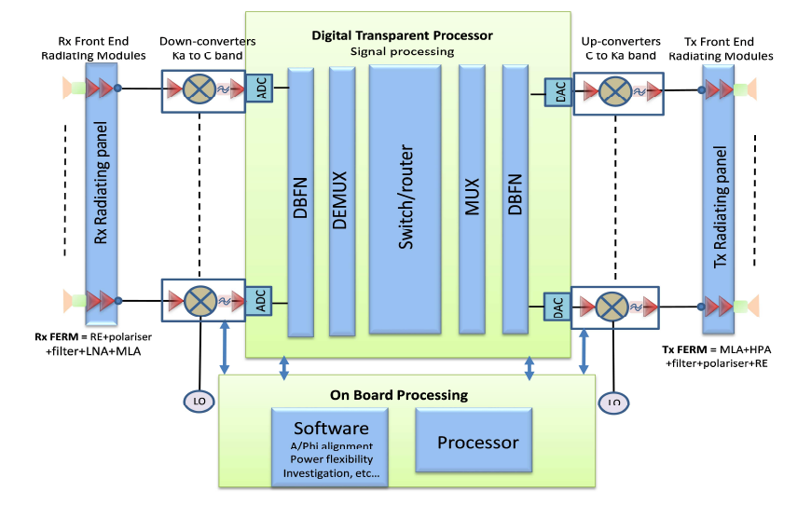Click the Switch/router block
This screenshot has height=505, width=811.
(x=405, y=199)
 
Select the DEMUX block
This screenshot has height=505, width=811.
(x=342, y=199)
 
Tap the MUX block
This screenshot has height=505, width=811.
(x=473, y=199)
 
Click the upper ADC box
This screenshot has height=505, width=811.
(x=261, y=89)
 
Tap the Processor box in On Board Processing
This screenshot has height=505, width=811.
(x=478, y=442)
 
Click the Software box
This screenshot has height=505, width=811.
(x=331, y=445)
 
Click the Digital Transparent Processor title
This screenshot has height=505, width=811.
(x=402, y=35)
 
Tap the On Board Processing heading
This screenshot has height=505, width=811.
(x=405, y=395)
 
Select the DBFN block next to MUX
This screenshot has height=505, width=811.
(x=515, y=199)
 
